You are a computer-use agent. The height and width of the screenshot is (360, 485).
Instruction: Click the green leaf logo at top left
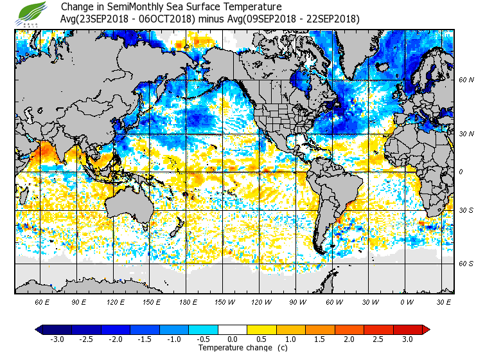[33, 13]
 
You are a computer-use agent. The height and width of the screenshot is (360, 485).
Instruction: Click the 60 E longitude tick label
[42, 301]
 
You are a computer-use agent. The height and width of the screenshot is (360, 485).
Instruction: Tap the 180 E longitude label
[188, 301]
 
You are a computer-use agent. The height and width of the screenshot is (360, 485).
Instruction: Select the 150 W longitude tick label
[224, 301]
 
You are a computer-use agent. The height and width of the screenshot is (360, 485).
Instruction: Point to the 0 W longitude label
[406, 301]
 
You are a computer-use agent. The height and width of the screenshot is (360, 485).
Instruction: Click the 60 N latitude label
[466, 80]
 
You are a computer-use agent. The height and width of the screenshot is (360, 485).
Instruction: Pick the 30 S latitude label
[466, 210]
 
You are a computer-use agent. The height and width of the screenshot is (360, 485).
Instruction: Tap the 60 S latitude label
[466, 264]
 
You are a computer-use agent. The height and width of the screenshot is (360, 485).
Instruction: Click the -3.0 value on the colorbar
[57, 339]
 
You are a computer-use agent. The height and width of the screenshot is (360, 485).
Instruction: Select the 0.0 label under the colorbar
[233, 339]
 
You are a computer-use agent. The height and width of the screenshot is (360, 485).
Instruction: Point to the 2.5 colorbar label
[379, 339]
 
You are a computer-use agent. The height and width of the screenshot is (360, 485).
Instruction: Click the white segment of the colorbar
[233, 329]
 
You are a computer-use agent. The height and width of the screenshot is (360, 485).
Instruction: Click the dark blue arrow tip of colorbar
[39, 329]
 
